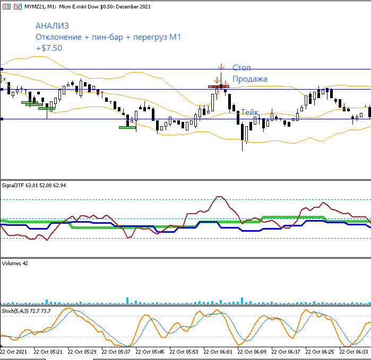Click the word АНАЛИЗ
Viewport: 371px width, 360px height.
tap(52, 25)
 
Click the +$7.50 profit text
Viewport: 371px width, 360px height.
tap(49, 48)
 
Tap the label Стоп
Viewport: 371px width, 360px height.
tap(241, 68)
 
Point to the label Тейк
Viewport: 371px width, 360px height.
tap(250, 112)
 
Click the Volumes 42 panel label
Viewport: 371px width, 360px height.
tap(15, 263)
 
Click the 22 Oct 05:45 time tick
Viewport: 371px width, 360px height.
tap(150, 352)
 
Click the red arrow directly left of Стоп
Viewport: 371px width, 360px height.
tap(221, 67)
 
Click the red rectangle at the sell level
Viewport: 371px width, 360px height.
tap(218, 86)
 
